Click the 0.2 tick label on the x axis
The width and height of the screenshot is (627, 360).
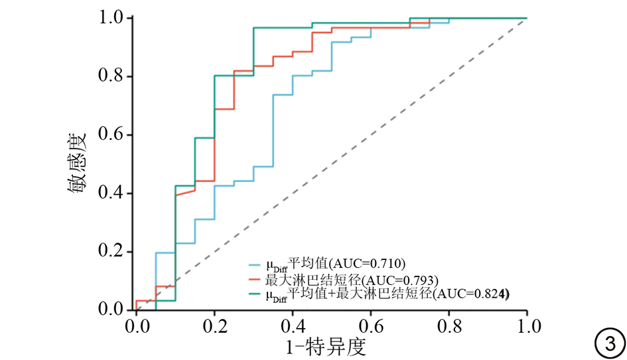click(214, 326)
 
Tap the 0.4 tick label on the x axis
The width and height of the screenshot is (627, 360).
click(292, 326)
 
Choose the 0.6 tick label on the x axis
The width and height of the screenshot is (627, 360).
click(370, 326)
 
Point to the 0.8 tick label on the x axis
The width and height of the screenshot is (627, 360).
click(449, 326)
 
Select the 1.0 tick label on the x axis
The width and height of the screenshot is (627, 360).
click(527, 326)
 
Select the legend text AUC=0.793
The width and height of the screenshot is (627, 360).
click(403, 277)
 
